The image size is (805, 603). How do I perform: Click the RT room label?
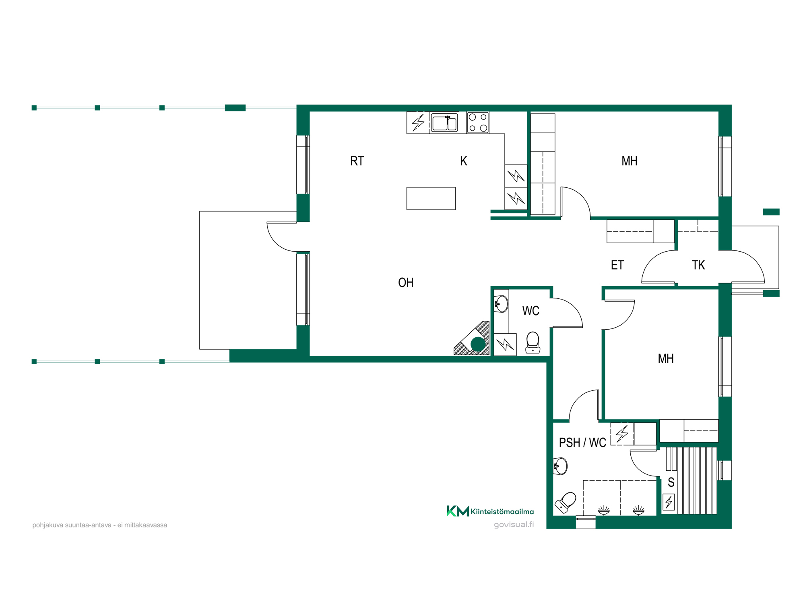357,161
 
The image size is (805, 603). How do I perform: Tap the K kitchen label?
464,161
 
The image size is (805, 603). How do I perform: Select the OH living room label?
406,283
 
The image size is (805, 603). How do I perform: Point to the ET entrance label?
617,265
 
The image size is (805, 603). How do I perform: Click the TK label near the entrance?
698,265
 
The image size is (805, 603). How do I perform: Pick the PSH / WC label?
582,443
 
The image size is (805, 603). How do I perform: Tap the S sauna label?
671,482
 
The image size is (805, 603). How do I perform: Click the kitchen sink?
444,123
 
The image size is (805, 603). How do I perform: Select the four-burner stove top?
478,123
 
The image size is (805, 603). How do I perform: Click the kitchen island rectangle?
431,199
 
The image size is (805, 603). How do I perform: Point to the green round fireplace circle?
478,345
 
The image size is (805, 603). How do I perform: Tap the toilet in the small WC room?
533,343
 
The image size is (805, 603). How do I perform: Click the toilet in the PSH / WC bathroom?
566,503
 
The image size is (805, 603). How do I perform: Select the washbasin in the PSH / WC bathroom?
560,466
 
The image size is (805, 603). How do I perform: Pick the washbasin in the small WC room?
501,304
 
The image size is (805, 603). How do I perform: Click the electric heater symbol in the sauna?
669,502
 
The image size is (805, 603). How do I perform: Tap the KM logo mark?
458,511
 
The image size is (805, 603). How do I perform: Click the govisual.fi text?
514,525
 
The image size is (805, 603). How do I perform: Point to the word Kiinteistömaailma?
502,512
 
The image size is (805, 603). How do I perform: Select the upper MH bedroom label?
630,161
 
